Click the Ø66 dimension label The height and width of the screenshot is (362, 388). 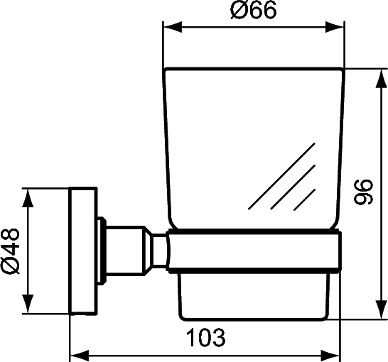pyautogui.click(x=253, y=11)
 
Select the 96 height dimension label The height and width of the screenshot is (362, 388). pyautogui.click(x=363, y=192)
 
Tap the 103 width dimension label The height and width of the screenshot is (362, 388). pyautogui.click(x=206, y=338)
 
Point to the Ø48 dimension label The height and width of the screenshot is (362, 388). pyautogui.click(x=11, y=251)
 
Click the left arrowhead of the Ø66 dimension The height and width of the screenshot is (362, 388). pyautogui.click(x=173, y=27)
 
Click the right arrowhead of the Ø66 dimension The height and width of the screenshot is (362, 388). pyautogui.click(x=335, y=27)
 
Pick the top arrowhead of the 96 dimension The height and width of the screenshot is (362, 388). pyautogui.click(x=381, y=79)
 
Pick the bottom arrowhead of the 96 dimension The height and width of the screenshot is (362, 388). pyautogui.click(x=381, y=309)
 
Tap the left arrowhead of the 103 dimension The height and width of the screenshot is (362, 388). pyautogui.click(x=80, y=356)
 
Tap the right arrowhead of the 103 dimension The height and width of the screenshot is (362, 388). pyautogui.click(x=331, y=356)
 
